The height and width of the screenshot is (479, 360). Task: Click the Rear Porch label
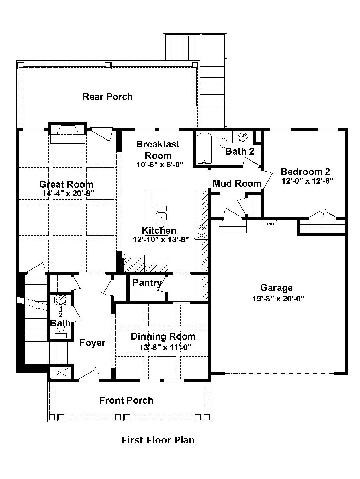click(108, 97)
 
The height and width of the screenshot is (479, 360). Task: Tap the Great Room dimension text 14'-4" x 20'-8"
click(68, 194)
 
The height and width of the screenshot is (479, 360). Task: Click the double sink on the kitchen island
click(161, 213)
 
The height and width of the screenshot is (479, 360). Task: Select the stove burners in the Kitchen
click(201, 231)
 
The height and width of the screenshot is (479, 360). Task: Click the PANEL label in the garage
click(269, 224)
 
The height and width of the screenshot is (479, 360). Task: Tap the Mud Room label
click(237, 184)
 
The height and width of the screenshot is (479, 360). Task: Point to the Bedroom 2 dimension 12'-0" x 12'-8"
click(307, 181)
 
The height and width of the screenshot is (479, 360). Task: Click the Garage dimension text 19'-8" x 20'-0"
click(278, 299)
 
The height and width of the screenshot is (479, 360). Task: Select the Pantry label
click(147, 283)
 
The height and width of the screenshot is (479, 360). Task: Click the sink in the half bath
click(60, 300)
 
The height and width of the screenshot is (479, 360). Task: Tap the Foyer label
click(92, 343)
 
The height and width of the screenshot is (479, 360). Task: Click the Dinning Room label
click(163, 336)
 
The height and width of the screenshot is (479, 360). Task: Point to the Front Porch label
click(126, 400)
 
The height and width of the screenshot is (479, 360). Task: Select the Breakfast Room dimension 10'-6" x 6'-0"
click(159, 165)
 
